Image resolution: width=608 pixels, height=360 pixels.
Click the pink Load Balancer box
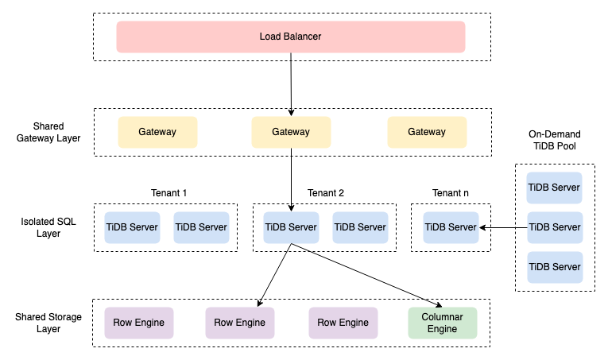290,37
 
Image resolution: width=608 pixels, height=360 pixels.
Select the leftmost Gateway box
157,132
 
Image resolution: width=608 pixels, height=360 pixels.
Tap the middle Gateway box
291,132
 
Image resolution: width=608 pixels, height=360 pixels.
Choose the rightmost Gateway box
427,132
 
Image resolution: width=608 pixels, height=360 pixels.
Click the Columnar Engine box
443,323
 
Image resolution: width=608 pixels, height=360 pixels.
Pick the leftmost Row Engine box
139,323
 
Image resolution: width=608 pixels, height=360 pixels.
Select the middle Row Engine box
240,323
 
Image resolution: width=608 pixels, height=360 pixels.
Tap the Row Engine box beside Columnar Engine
343,323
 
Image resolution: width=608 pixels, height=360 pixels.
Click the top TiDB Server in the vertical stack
555,188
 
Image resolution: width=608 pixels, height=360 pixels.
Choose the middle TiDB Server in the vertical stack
555,227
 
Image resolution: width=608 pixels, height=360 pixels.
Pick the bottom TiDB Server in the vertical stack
555,267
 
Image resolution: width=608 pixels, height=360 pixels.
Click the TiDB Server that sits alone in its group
451,227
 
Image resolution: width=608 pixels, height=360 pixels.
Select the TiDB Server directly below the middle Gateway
291,227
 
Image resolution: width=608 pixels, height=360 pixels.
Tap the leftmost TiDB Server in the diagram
133,227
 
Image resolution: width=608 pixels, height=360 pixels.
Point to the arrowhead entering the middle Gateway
292,113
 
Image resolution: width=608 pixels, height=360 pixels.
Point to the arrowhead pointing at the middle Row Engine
260,303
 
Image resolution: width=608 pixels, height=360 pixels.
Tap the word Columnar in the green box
443,317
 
